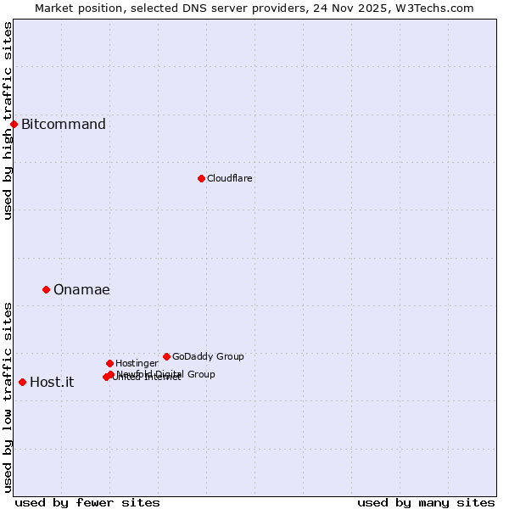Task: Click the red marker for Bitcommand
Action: (14, 124)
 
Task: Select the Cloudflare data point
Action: (201, 178)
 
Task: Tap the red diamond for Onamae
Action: (46, 289)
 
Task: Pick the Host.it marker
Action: (22, 382)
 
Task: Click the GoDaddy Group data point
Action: (166, 356)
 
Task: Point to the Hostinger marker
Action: (109, 363)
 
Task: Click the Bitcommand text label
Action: (64, 125)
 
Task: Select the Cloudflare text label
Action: (229, 178)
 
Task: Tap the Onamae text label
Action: (81, 290)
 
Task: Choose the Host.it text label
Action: (52, 383)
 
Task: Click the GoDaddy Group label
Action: (208, 356)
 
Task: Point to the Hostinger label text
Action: (137, 363)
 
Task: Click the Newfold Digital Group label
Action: (166, 373)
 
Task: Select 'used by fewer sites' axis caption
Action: (87, 502)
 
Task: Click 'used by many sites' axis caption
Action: (426, 502)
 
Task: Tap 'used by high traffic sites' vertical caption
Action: (8, 120)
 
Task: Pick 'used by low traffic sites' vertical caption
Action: (8, 397)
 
